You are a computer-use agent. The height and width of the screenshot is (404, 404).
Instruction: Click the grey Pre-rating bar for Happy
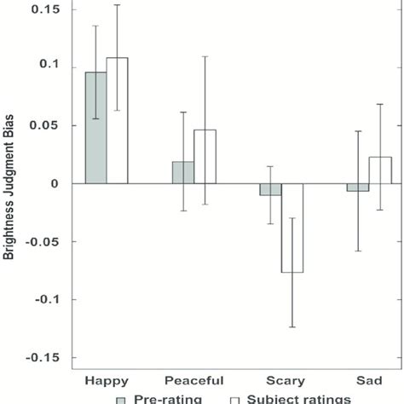point(95,128)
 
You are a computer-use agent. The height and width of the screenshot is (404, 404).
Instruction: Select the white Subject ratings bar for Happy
point(117,121)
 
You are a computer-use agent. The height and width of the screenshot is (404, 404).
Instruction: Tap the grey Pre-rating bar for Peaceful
point(183,172)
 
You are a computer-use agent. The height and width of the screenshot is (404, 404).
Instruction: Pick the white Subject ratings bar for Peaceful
point(205,157)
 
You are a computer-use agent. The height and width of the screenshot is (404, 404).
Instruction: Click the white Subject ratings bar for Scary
point(292,228)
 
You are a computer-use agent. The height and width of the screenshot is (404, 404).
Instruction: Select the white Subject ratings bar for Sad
point(380,170)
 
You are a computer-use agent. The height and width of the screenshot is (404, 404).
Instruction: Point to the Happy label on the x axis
point(107,380)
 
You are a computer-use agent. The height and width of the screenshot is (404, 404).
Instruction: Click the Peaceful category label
point(194,380)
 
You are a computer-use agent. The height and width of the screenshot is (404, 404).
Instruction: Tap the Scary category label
point(281,380)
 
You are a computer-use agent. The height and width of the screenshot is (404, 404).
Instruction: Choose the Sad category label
point(369,380)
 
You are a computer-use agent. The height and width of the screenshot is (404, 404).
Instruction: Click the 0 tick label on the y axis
point(62,183)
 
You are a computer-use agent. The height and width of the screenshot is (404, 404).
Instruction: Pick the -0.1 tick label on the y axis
point(51,299)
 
